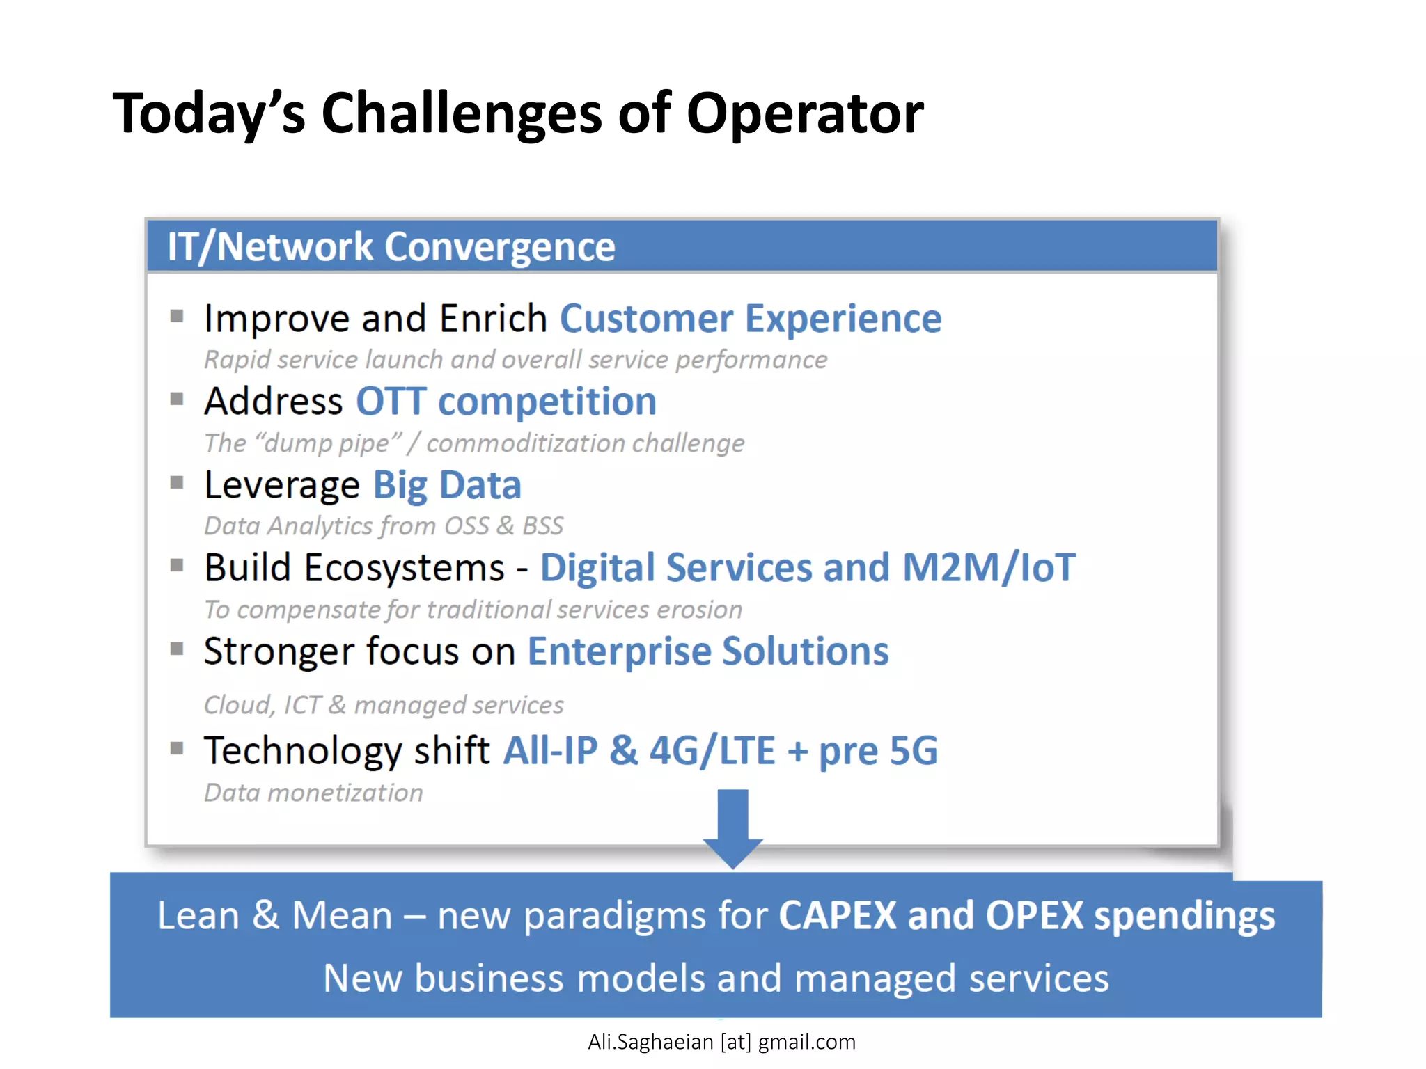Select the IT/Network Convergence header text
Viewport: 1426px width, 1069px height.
(x=391, y=247)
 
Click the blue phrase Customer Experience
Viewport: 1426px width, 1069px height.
(x=750, y=319)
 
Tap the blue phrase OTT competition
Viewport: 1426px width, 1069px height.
(x=506, y=402)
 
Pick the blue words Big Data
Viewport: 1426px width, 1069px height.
(x=447, y=485)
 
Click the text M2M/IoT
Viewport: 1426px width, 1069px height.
(x=989, y=567)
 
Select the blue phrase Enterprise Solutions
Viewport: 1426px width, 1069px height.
(x=707, y=651)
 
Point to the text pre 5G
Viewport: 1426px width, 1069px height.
(x=878, y=752)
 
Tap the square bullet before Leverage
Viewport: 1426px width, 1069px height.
(x=177, y=482)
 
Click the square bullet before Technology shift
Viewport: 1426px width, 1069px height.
(x=177, y=749)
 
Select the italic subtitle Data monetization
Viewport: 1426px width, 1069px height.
(x=313, y=793)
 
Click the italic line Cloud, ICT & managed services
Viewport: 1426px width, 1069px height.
(x=384, y=705)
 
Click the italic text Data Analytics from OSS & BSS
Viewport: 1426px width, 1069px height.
(x=384, y=526)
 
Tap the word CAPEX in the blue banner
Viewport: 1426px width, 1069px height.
(x=837, y=915)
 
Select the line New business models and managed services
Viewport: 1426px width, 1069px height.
(x=715, y=978)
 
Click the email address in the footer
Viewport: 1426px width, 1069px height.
(x=721, y=1042)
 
